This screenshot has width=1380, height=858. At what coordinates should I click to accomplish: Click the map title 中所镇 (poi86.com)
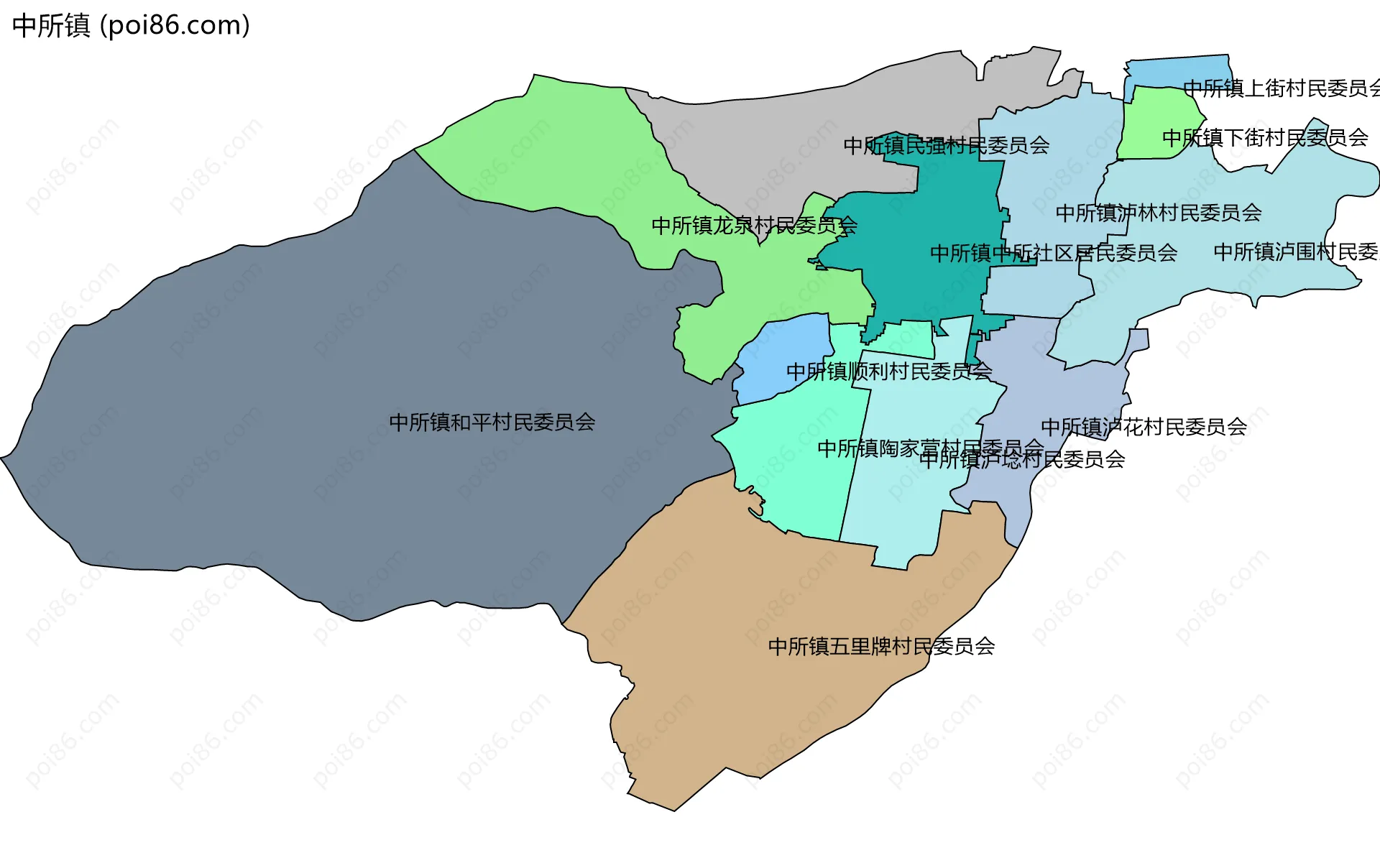(x=132, y=26)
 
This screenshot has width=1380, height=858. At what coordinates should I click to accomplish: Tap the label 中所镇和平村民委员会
(x=492, y=423)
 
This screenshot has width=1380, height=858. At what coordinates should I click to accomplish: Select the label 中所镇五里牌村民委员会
(x=881, y=647)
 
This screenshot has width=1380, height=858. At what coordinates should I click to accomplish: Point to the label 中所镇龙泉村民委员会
(x=754, y=226)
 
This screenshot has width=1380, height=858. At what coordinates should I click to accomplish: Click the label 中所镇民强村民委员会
(x=946, y=146)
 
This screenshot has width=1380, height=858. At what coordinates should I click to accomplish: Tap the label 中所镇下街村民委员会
(x=1265, y=138)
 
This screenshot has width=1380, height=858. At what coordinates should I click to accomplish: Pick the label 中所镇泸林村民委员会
(x=1158, y=213)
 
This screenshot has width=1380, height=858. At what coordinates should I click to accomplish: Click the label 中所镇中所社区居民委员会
(x=1053, y=253)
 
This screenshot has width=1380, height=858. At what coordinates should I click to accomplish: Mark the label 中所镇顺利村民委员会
(x=889, y=372)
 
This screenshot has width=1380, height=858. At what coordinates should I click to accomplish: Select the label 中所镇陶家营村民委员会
(x=930, y=448)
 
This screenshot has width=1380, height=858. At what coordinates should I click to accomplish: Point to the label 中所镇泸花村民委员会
(x=1144, y=427)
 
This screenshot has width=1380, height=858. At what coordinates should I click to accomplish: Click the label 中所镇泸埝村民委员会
(x=1022, y=460)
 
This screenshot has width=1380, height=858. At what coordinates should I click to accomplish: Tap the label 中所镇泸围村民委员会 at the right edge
(x=1296, y=252)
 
